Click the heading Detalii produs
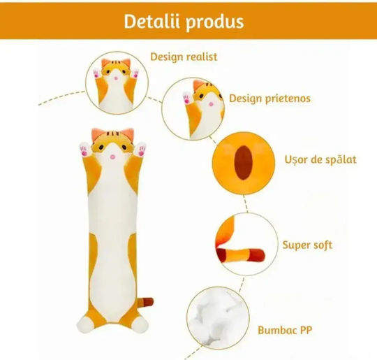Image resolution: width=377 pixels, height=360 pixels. tap(184, 22)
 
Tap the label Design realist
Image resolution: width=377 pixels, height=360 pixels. tap(184, 57)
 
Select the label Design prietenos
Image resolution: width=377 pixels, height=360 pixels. tap(269, 99)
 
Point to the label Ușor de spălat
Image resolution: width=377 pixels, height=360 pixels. tap(320, 159)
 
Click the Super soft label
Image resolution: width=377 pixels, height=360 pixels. tap(307, 245)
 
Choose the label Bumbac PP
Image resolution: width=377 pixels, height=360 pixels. tap(285, 330)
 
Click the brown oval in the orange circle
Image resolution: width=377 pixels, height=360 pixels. tap(244, 163)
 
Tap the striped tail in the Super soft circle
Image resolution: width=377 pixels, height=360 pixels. tap(240, 254)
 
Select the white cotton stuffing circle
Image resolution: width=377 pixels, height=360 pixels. tap(218, 318)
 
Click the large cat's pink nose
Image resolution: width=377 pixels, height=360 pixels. tap(112, 157)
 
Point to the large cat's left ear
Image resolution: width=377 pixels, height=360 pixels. tap(96, 134)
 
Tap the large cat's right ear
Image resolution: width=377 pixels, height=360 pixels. tap(128, 134)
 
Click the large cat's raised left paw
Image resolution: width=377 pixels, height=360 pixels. tap(84, 150)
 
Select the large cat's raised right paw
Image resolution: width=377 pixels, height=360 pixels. tap(140, 149)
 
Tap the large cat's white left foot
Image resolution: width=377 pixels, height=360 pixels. tap(85, 325)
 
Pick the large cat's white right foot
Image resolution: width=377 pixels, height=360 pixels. tap(140, 325)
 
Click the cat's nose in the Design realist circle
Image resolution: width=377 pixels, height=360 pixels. tap(116, 78)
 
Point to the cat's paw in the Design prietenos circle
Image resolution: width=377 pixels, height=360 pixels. tap(187, 97)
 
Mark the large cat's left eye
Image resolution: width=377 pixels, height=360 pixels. tap(101, 147)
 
